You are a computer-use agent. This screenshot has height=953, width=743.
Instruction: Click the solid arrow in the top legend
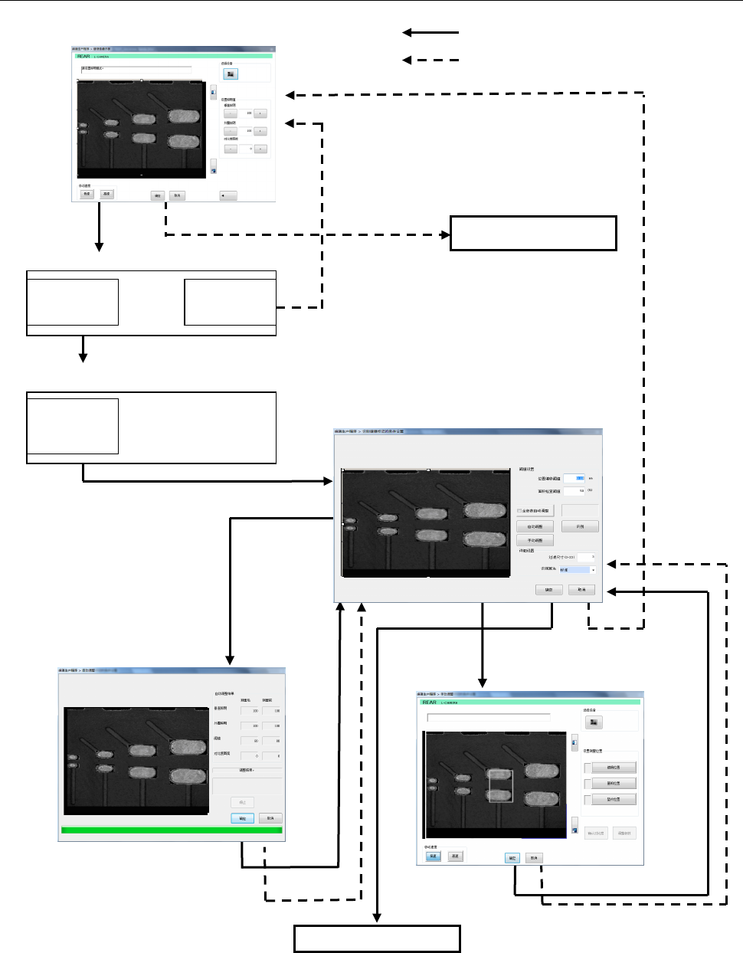pos(430,33)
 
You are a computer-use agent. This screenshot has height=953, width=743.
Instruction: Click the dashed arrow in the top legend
pos(430,60)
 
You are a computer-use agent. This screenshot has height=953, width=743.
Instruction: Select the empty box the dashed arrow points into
pos(533,233)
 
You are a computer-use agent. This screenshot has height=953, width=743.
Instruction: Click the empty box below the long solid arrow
pos(377,938)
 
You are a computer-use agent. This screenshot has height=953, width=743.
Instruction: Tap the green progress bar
pos(172,830)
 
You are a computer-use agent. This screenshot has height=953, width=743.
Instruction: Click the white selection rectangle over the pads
pos(501,786)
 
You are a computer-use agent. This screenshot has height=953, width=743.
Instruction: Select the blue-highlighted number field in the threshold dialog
pos(574,478)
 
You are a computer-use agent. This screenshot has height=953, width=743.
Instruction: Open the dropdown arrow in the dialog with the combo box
pos(593,570)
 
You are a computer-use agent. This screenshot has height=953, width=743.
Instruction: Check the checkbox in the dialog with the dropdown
pos(519,511)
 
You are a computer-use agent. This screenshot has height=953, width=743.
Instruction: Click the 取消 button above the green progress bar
pos(270,818)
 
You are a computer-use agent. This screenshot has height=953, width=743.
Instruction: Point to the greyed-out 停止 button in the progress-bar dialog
pos(242,802)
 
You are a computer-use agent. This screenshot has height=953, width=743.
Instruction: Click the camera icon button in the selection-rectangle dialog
pos(594,722)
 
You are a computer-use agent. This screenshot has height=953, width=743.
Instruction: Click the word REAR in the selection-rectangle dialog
pos(429,702)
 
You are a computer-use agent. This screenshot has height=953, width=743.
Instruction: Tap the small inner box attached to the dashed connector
pos(230,302)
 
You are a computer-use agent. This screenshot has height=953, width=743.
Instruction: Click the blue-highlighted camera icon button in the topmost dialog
pos(231,74)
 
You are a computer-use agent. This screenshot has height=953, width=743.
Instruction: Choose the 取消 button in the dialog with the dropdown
pos(581,590)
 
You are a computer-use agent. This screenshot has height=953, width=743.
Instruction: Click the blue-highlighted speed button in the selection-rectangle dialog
pos(434,856)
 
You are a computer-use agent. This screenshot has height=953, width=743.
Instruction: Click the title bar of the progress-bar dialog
pos(172,671)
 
